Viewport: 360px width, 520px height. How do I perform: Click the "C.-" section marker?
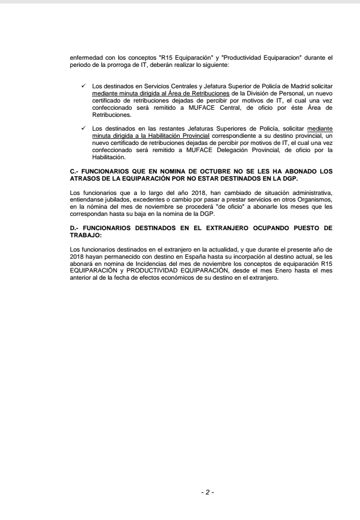(x=74, y=172)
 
